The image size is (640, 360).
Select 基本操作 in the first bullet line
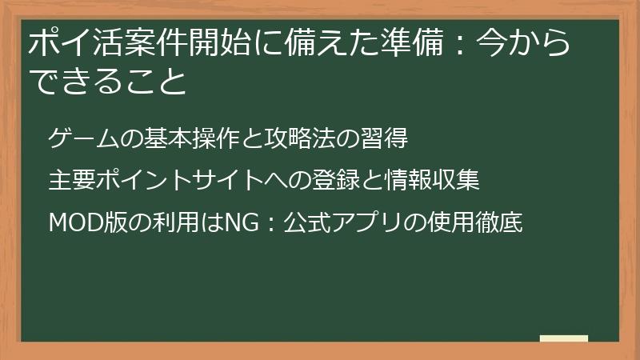click(x=178, y=138)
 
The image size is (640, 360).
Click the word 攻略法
click(x=295, y=138)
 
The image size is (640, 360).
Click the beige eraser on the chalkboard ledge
click(x=563, y=338)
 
